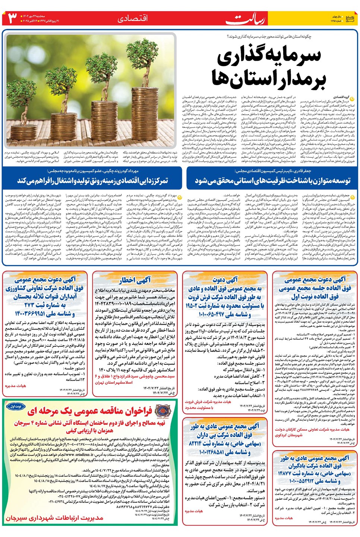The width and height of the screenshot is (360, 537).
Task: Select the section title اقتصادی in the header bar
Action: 133,18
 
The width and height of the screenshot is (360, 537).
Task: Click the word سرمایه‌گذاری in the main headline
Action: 269,55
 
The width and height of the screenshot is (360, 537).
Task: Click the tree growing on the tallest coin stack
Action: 146,67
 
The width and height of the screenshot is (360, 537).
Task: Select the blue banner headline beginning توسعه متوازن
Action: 272,180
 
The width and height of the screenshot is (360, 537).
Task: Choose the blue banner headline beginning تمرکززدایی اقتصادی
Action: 93,180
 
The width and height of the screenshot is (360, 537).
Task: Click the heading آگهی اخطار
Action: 135,280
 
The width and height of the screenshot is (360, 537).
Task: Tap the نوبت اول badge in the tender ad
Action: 16,406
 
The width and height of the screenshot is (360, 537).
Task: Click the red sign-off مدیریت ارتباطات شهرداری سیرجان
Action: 54,518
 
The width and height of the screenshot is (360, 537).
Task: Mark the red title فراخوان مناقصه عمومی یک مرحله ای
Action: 89,411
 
